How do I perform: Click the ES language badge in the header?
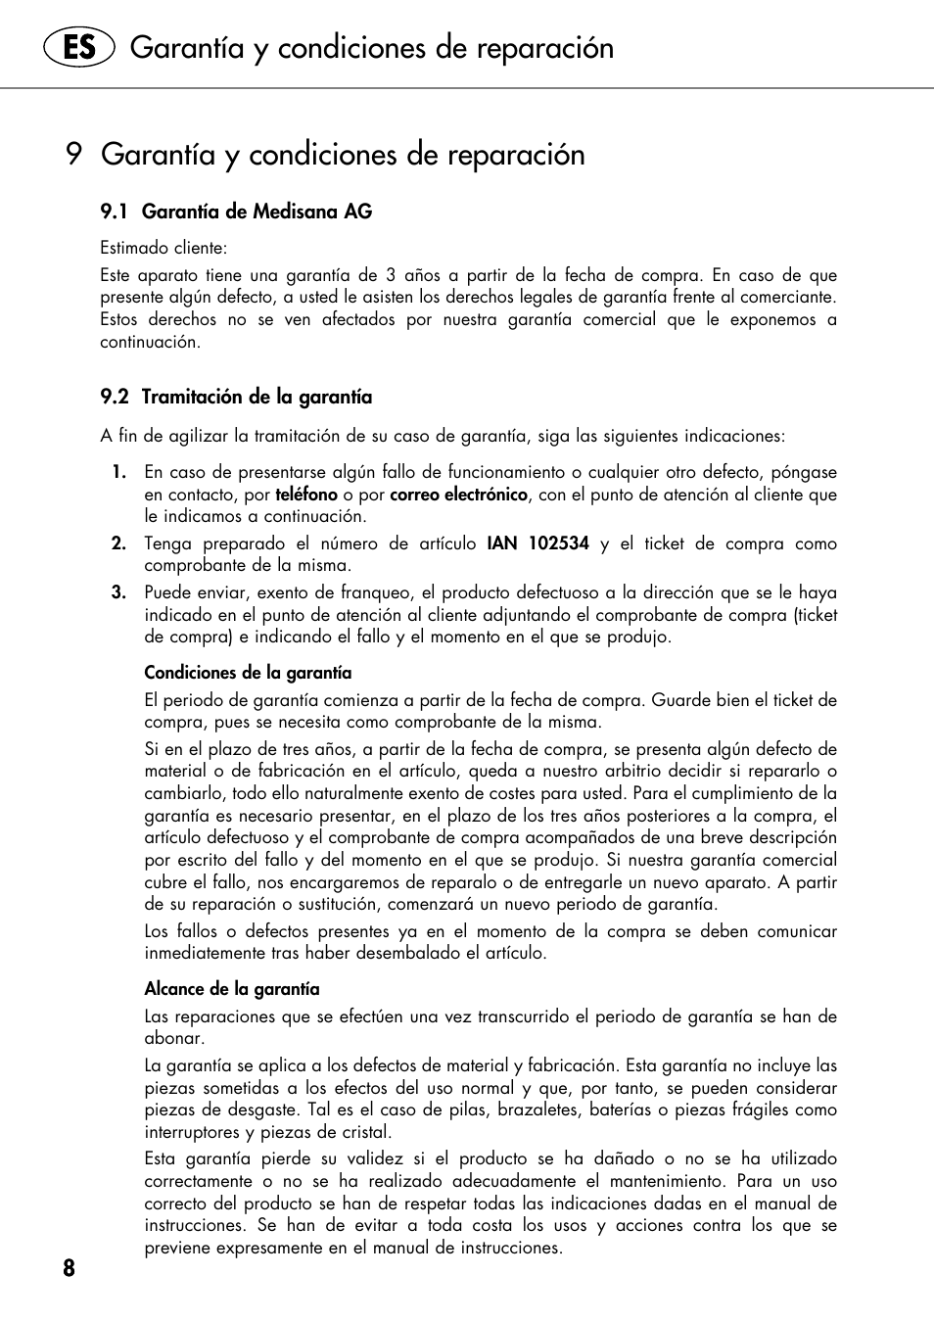(78, 47)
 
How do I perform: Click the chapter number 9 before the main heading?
(73, 155)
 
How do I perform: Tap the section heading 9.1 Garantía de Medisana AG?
(236, 212)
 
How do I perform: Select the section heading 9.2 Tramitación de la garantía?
(236, 397)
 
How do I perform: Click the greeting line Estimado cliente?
(163, 248)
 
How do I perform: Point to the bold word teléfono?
(305, 495)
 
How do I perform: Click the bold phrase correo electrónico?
(458, 495)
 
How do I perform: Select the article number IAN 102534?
(537, 543)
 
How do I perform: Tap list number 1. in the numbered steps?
(118, 472)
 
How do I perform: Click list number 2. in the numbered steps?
(118, 543)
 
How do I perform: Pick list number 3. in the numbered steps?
(118, 592)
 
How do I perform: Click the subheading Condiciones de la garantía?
(248, 673)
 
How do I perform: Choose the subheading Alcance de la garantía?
(232, 989)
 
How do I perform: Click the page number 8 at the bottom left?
(69, 1269)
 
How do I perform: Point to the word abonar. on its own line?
(174, 1038)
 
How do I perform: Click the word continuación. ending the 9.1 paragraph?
(150, 342)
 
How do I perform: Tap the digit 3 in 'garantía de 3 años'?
(391, 275)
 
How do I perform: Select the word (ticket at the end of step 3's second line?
(816, 615)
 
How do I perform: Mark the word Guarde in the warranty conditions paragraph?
(679, 700)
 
